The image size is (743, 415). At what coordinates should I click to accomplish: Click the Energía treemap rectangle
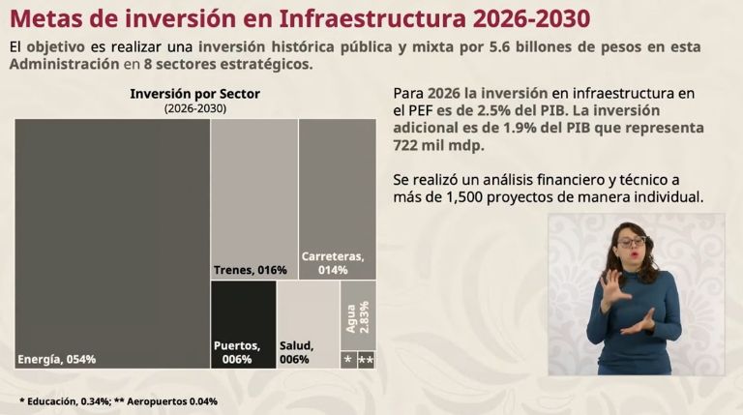pyautogui.click(x=111, y=232)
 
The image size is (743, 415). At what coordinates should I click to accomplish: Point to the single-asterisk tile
pyautogui.click(x=347, y=360)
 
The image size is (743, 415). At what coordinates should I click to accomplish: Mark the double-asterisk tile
pyautogui.click(x=367, y=360)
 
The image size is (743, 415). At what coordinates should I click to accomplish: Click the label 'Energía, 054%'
pyautogui.click(x=57, y=360)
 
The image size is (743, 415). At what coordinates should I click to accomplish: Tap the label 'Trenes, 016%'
pyautogui.click(x=250, y=270)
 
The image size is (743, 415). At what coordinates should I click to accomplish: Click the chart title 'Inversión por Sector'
pyautogui.click(x=194, y=94)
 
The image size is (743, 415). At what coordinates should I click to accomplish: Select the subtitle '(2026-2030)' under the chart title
pyautogui.click(x=194, y=109)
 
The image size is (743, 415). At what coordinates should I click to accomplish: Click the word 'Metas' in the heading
pyautogui.click(x=47, y=18)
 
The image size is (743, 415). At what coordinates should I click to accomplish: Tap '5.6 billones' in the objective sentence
pyautogui.click(x=514, y=46)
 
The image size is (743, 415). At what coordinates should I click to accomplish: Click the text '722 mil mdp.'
pyautogui.click(x=438, y=145)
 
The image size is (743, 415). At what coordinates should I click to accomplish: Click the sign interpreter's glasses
pyautogui.click(x=632, y=241)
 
